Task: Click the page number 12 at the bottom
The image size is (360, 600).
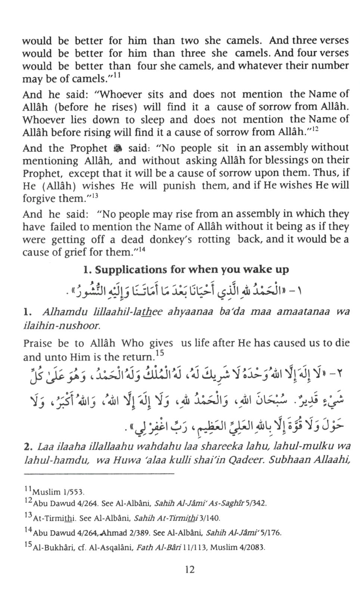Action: pyautogui.click(x=189, y=569)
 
